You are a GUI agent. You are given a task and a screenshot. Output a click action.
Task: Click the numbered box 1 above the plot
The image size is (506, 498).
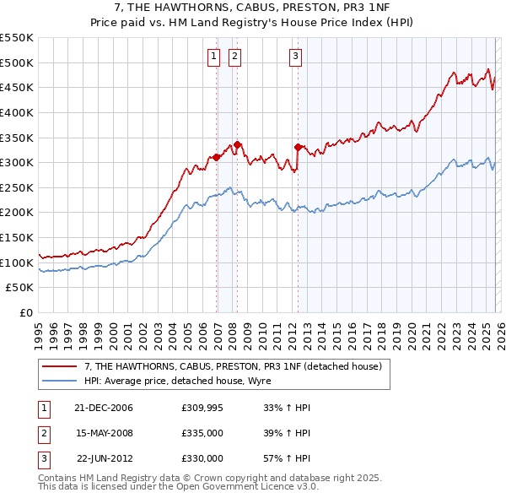213,57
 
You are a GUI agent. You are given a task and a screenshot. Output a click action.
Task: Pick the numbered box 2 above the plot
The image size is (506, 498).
234,57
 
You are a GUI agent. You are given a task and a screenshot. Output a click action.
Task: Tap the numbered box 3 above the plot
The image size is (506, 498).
296,57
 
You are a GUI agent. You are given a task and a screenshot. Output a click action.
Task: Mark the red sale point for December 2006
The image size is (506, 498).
217,157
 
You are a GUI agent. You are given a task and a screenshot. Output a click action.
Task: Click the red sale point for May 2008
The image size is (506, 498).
238,144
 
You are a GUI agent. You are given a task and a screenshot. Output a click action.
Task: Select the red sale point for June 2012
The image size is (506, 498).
299,147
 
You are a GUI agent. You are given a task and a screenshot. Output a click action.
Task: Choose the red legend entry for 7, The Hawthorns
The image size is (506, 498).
234,366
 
